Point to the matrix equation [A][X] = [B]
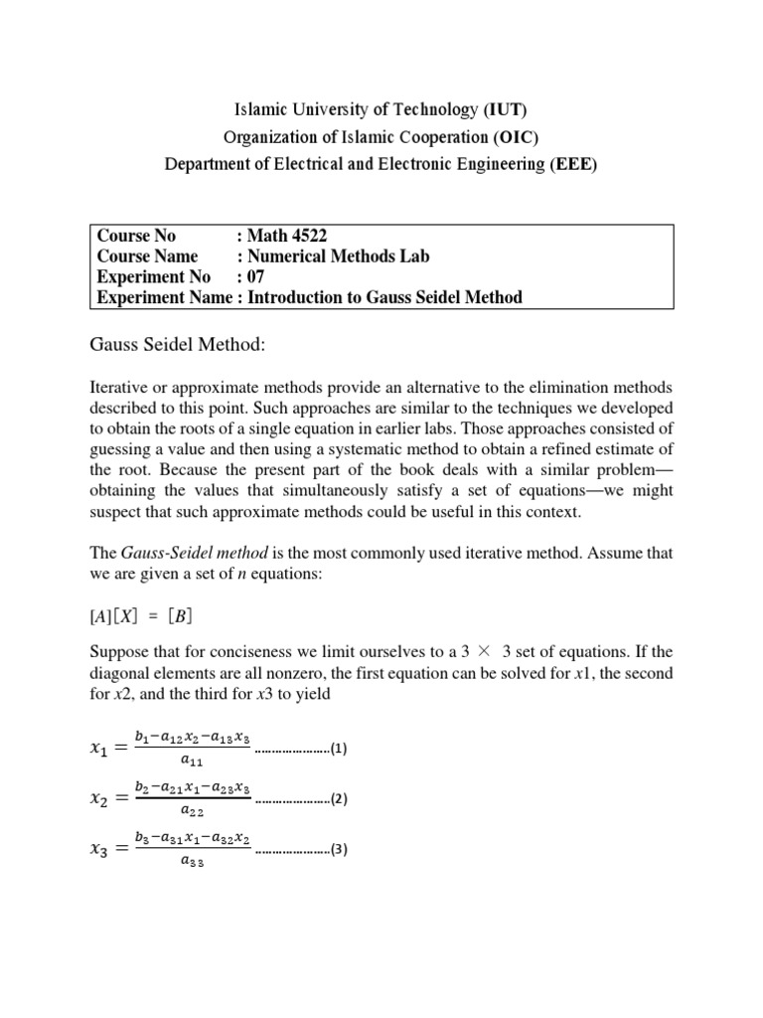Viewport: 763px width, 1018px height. coord(142,615)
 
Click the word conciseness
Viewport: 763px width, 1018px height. coord(286,653)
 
